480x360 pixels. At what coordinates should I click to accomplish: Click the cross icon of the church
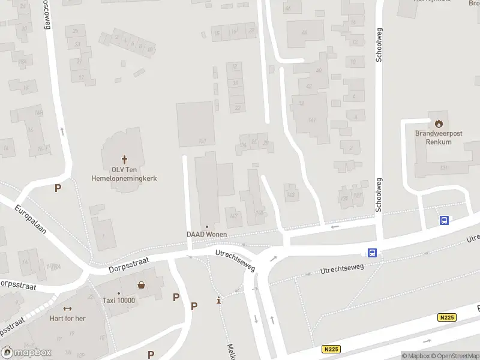(x=125, y=160)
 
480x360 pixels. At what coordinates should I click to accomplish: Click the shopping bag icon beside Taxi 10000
(x=142, y=285)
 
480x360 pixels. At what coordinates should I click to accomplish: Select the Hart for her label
(x=68, y=318)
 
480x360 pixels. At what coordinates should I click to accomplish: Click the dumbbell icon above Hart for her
(x=68, y=308)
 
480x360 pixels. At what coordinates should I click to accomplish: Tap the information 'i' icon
(x=218, y=300)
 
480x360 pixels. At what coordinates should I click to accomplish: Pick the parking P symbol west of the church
(x=58, y=188)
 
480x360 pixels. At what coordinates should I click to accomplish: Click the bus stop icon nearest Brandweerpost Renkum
(x=444, y=220)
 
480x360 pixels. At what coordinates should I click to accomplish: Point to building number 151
(x=202, y=141)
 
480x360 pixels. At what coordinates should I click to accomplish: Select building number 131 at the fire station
(x=443, y=168)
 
